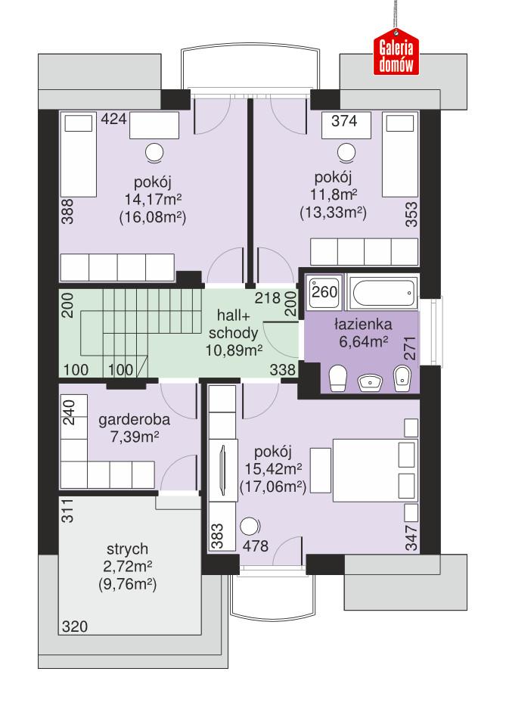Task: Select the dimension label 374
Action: point(340,120)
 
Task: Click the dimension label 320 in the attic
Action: point(74,626)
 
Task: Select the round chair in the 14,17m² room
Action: point(154,153)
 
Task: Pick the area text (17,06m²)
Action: point(272,487)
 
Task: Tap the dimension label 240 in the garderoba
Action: point(68,415)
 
